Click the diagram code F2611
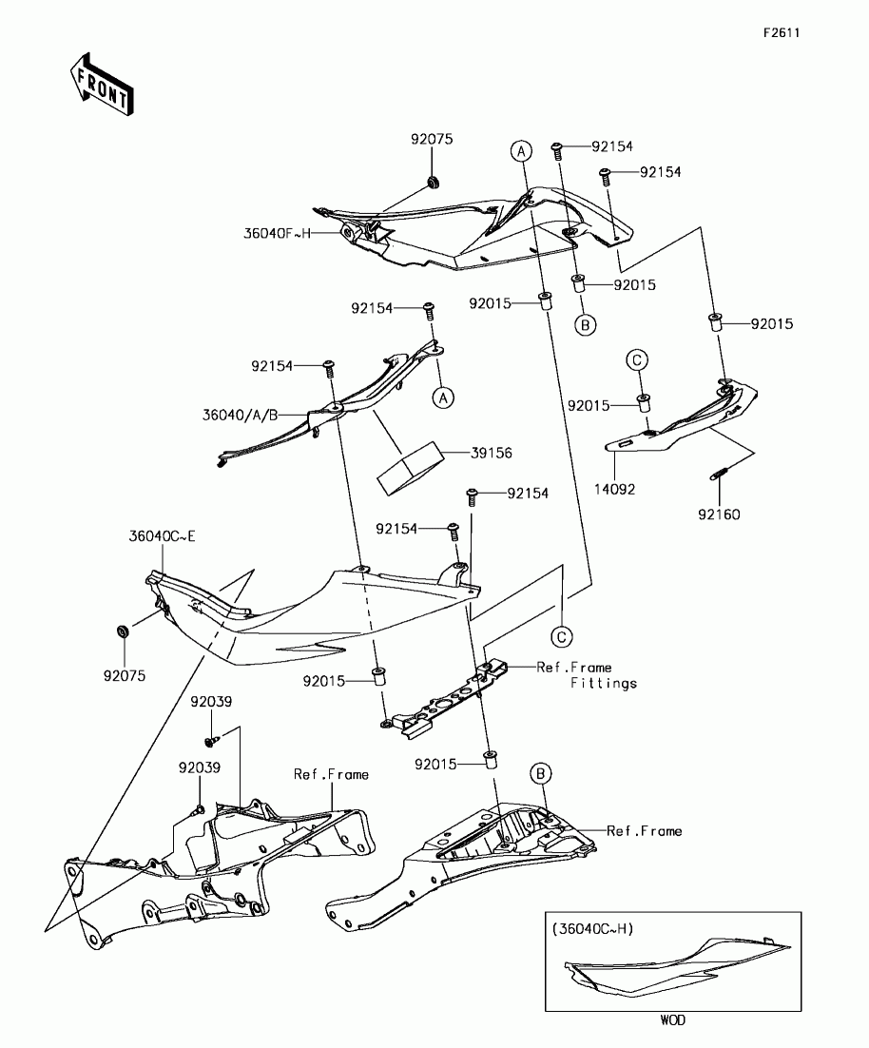[781, 33]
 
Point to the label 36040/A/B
[240, 415]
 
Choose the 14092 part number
[615, 490]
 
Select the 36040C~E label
[162, 536]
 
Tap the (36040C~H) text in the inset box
[591, 929]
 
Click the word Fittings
[604, 683]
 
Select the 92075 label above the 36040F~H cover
[432, 139]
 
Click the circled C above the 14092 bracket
[637, 359]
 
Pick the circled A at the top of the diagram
[520, 149]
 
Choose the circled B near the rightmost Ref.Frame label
[540, 772]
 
